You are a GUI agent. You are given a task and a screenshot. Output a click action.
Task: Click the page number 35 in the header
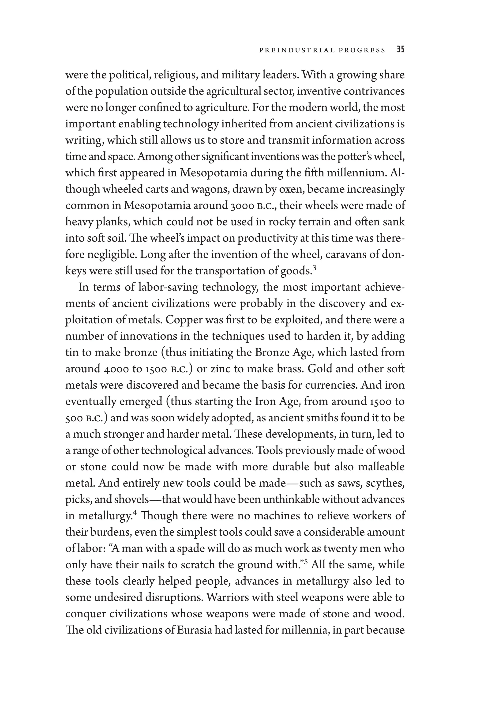click(x=400, y=50)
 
